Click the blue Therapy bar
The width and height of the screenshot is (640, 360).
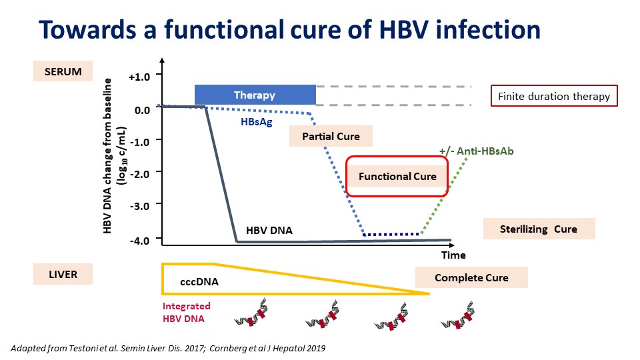point(255,95)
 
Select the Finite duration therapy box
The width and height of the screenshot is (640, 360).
point(554,96)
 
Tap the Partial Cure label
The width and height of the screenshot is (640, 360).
point(331,136)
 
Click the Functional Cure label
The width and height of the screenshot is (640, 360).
point(397,176)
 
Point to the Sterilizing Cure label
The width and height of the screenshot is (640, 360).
point(539,229)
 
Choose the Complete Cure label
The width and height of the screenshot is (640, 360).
point(471,277)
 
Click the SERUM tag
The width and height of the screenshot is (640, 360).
point(63,71)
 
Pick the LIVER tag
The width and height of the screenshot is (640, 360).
point(63,274)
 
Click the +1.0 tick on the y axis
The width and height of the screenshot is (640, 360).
point(139,77)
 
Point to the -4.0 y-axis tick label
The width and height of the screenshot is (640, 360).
point(139,241)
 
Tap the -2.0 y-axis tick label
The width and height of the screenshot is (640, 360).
point(139,174)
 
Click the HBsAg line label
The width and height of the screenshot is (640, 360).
point(256,121)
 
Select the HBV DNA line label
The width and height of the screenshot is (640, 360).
point(269,230)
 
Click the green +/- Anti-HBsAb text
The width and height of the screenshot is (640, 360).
point(476,151)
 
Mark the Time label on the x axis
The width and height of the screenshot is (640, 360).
point(453,255)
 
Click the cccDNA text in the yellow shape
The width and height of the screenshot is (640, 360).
point(199,281)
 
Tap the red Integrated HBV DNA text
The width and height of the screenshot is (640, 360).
point(187,312)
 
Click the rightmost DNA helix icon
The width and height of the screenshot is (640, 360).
point(458,315)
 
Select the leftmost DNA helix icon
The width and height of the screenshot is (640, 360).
point(251,312)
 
